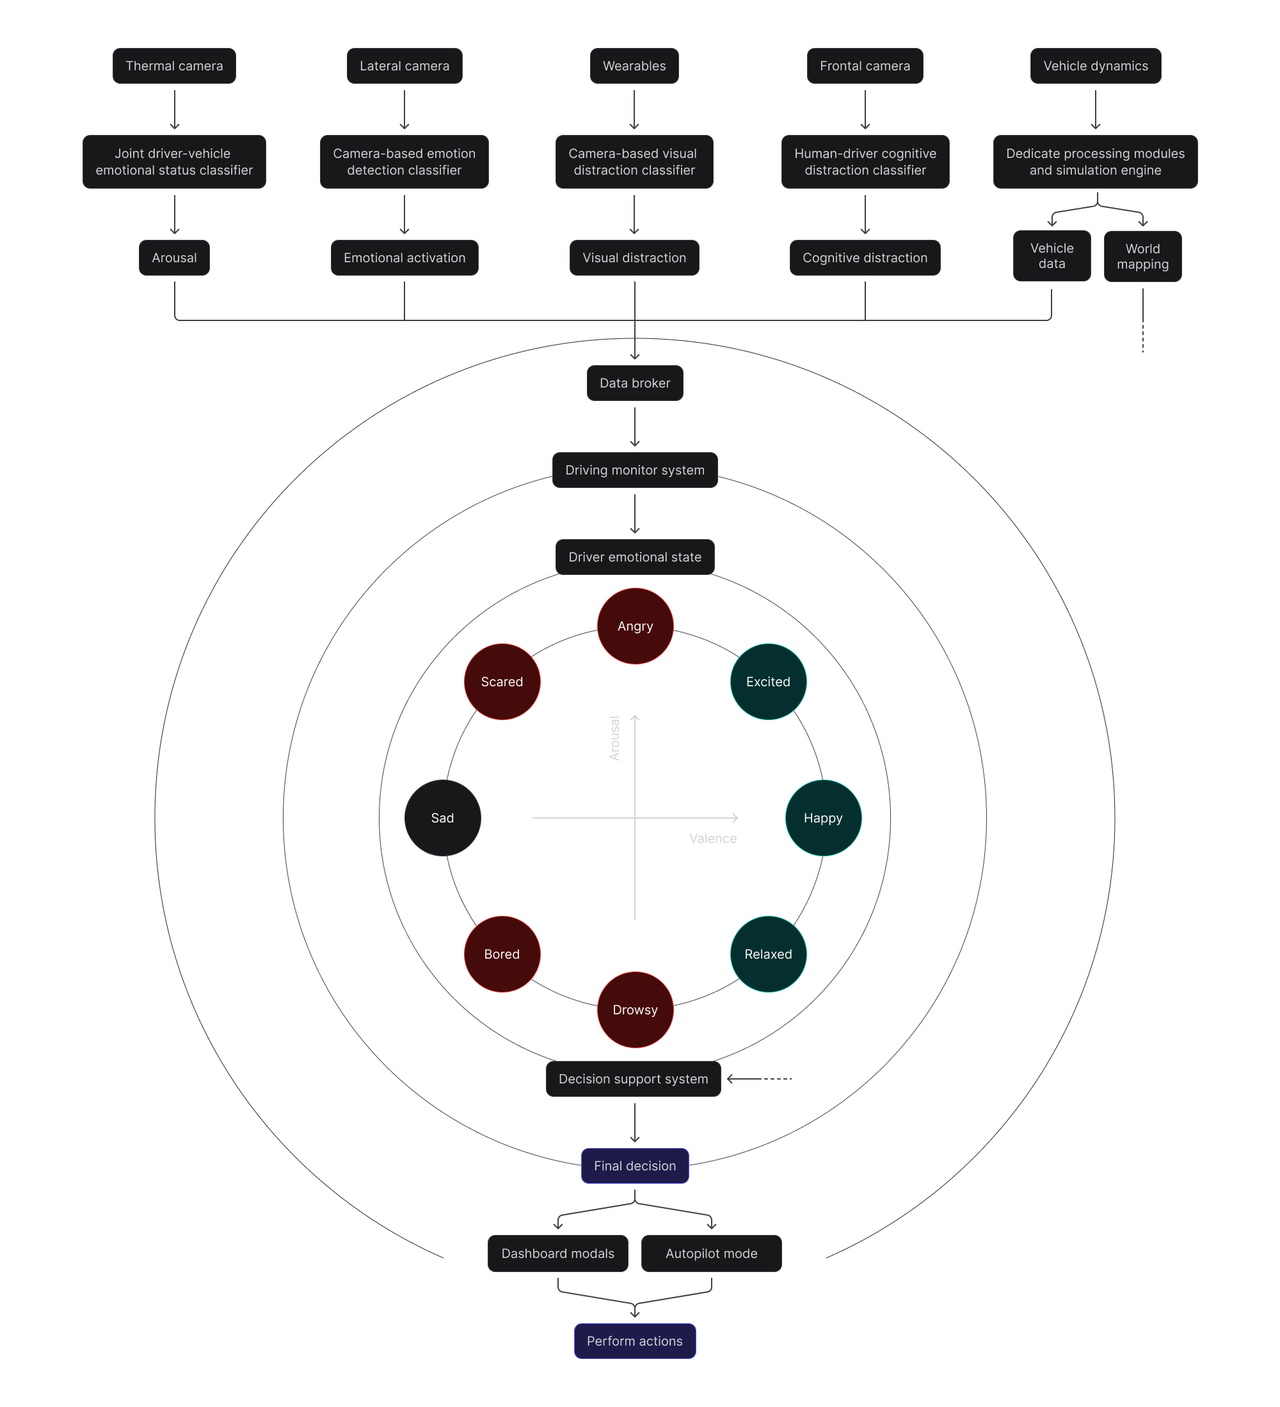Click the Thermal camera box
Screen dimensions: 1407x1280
pos(174,67)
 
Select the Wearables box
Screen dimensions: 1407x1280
pos(634,67)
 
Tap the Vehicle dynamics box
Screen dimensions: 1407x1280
pos(1095,67)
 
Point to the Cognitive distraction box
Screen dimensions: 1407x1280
pos(865,258)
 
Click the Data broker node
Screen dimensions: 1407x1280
pos(635,383)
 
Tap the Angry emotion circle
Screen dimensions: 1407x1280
pos(635,626)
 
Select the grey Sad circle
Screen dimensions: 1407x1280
pos(443,818)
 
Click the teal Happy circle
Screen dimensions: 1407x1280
pos(823,818)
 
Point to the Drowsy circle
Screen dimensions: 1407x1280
pos(635,1010)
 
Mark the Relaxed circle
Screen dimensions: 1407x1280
pos(768,954)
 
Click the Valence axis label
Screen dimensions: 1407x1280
pos(712,839)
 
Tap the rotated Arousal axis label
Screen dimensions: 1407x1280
pos(614,737)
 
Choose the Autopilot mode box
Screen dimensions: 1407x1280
pos(711,1254)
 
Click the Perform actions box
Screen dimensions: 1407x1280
pos(635,1341)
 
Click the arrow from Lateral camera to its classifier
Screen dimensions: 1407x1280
pos(404,110)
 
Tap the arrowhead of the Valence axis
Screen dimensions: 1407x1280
pos(735,818)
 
